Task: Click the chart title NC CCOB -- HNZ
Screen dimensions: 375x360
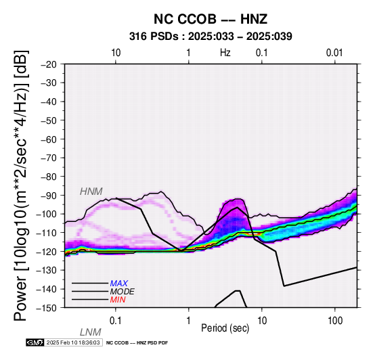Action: [211, 19]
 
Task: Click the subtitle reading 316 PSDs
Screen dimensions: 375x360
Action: [154, 37]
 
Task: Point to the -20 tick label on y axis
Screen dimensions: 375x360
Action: [49, 64]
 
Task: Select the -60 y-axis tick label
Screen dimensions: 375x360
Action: [49, 139]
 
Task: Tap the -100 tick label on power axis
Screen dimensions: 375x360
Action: [47, 214]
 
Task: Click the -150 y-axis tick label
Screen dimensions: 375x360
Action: [47, 308]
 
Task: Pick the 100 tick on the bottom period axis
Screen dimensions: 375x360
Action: [335, 321]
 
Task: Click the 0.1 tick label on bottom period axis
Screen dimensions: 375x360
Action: [116, 321]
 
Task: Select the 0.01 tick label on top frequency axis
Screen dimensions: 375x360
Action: [334, 53]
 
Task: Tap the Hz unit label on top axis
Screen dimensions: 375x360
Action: [225, 53]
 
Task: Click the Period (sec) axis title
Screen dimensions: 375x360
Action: [225, 328]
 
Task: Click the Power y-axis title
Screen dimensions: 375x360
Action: [21, 185]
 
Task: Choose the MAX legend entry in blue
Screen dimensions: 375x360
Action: [118, 284]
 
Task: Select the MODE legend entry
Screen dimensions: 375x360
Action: [122, 292]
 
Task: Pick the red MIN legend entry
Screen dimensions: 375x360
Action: [118, 300]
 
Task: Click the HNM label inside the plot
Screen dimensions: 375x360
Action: [91, 192]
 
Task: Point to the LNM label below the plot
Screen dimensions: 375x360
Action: [91, 332]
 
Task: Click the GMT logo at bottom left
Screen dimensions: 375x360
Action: [35, 342]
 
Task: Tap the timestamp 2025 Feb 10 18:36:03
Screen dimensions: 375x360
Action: [73, 342]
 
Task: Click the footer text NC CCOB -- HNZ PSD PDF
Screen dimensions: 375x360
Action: [137, 343]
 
